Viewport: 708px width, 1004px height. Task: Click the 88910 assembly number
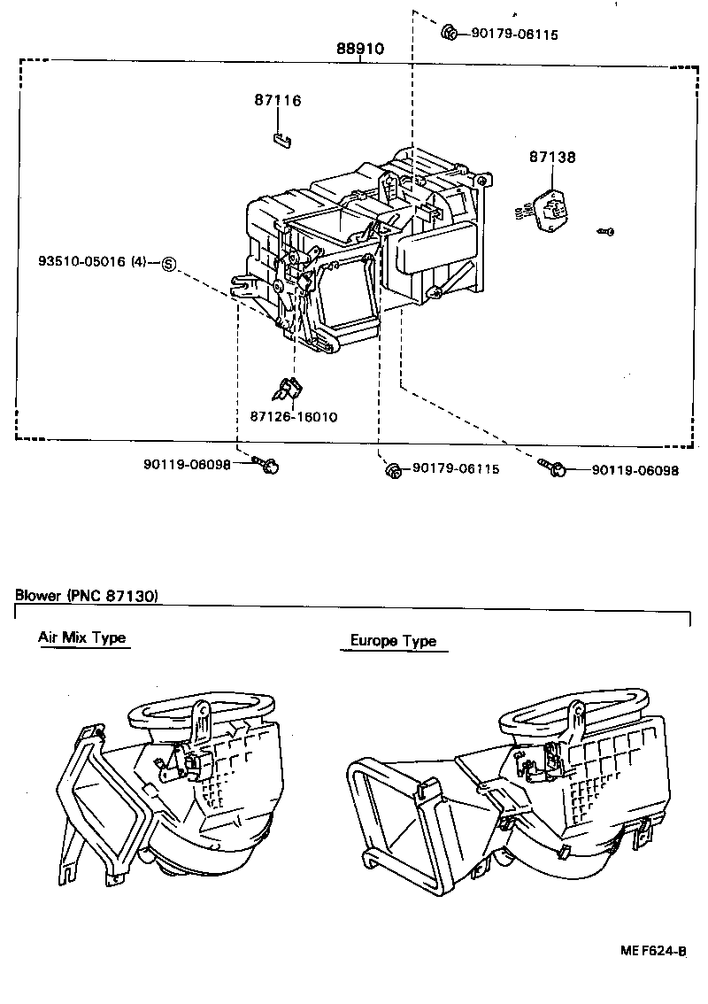[359, 49]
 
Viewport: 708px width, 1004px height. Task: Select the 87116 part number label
[277, 101]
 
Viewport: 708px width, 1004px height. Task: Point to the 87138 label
[552, 157]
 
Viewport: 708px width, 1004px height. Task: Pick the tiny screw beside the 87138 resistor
[606, 231]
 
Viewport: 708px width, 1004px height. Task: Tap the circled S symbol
[169, 263]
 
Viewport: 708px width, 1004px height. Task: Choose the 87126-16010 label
[293, 416]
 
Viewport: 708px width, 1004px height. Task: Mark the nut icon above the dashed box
[449, 34]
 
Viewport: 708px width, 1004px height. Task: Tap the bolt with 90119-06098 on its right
[555, 469]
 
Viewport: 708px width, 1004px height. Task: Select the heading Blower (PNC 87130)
[86, 596]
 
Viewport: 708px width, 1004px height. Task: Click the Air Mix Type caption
[82, 637]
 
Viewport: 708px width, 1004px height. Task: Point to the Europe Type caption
[393, 641]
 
